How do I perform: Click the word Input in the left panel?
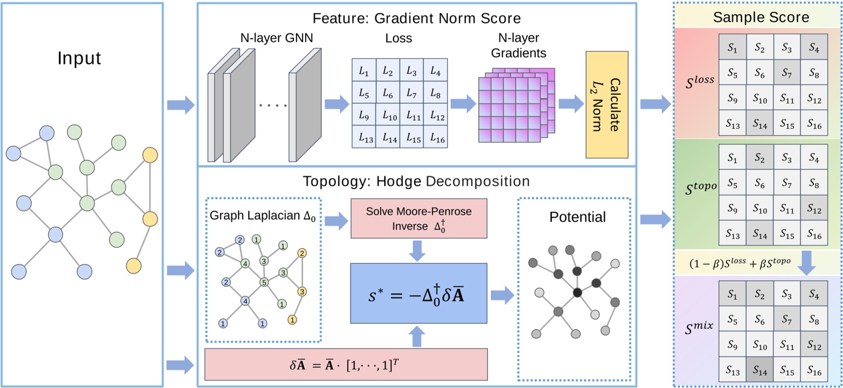(79, 58)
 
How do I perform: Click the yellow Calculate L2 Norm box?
(606, 105)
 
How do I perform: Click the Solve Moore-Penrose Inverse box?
(418, 219)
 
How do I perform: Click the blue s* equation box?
(418, 294)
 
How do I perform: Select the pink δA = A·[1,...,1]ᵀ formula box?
(345, 364)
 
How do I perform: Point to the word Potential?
(577, 217)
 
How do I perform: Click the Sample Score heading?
(760, 17)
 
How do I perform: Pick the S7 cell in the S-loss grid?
(786, 73)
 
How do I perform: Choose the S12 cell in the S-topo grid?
(813, 209)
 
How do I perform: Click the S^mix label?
(699, 327)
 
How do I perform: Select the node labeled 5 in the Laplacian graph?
(264, 282)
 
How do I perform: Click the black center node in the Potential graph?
(577, 293)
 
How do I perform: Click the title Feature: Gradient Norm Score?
(416, 18)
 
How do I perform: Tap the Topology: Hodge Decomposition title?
(416, 181)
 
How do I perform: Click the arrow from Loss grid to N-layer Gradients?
(462, 104)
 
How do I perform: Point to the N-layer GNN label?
(276, 37)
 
